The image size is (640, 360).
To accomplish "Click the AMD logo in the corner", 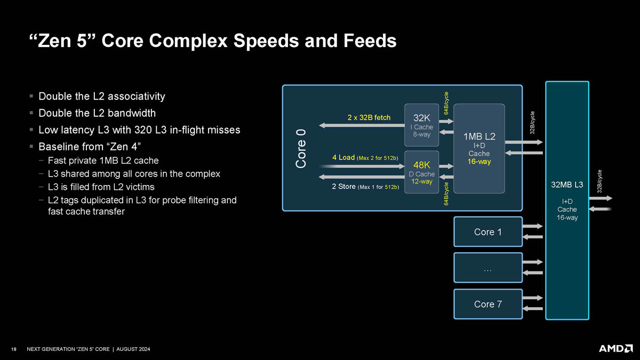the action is (x=615, y=349).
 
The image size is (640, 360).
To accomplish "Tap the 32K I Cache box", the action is (x=421, y=125).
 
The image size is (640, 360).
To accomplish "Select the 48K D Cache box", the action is (x=421, y=172).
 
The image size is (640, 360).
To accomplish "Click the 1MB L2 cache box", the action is (x=479, y=149).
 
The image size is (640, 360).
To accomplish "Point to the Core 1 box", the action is (x=488, y=231).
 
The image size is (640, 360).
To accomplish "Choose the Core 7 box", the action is (x=488, y=304).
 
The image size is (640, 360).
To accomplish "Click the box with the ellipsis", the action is (x=488, y=268).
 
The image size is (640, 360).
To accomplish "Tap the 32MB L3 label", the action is (x=567, y=185).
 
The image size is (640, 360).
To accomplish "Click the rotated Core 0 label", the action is (x=301, y=149).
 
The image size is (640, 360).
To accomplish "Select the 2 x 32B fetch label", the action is (x=369, y=117).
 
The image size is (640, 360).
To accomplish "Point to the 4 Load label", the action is (x=343, y=157).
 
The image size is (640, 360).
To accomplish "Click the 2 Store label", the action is (x=343, y=187).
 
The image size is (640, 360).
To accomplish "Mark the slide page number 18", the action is (x=14, y=349).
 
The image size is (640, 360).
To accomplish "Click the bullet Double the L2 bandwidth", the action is (x=97, y=113).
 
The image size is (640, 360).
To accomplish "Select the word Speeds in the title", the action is (x=266, y=41).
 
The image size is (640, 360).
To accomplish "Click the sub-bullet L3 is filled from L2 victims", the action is (x=101, y=187).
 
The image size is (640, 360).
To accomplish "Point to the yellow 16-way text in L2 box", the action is (x=479, y=162).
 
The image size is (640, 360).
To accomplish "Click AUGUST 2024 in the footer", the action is (x=133, y=349).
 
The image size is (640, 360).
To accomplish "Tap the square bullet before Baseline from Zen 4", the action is (x=31, y=147).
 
